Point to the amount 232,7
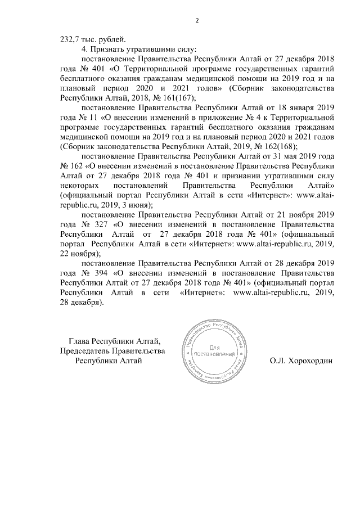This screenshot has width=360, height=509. point(70,39)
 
